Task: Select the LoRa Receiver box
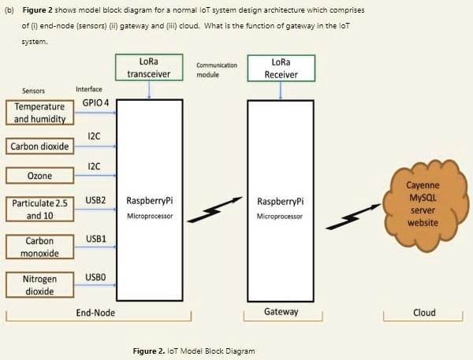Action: (281, 67)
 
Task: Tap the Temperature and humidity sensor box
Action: (39, 113)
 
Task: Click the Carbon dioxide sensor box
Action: (39, 147)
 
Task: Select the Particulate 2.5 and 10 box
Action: (39, 209)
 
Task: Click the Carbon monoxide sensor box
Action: (39, 246)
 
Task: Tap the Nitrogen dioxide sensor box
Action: (39, 284)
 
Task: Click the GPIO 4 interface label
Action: (95, 103)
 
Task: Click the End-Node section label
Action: (98, 313)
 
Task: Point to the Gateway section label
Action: (281, 312)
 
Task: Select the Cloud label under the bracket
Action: (424, 313)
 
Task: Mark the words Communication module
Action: (217, 70)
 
